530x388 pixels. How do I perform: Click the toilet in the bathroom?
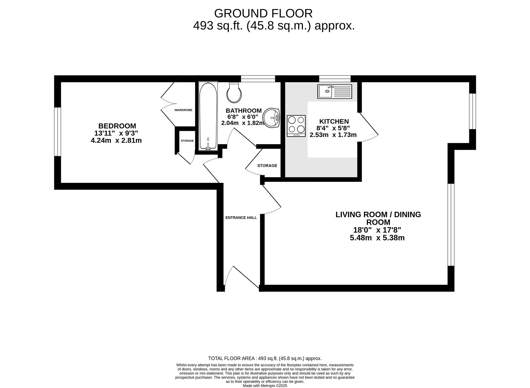pos(234,92)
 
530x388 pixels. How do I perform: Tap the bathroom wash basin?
pos(271,118)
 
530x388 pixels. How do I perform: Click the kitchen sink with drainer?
pos(335,92)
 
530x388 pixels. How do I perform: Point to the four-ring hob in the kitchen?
pos(296,126)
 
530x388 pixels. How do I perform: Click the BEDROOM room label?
pos(117,126)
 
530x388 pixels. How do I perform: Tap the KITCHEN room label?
pos(334,121)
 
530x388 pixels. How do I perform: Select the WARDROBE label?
pos(183,110)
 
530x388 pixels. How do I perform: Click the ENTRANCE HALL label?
pos(241,218)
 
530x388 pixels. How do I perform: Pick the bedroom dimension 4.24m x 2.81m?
pos(116,140)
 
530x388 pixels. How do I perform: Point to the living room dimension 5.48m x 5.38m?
pos(377,238)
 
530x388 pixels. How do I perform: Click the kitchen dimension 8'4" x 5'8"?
pos(333,128)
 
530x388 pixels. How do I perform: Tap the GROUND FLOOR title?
pos(263,13)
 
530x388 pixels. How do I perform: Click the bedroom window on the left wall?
pos(58,132)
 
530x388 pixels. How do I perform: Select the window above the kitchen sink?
pos(335,79)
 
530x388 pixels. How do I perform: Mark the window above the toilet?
pos(258,79)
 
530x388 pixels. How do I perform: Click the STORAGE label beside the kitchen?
pos(267,166)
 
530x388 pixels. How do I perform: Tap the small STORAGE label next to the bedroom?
pos(187,141)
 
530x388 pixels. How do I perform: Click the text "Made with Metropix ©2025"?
pos(265,386)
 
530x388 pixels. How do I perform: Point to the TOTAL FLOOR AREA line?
pos(265,359)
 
